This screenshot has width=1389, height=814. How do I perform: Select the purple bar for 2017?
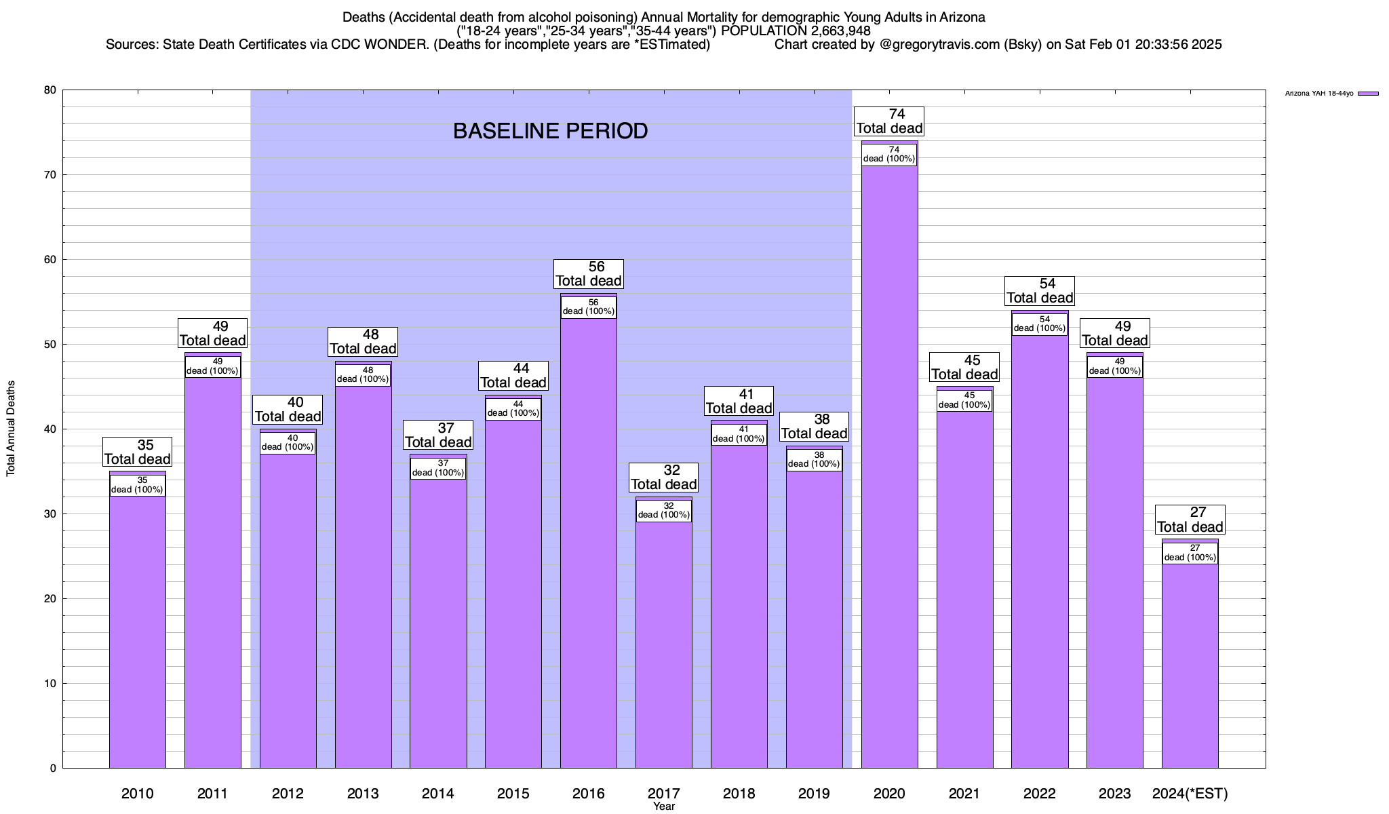(663, 644)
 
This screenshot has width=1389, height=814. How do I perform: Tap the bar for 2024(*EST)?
(1190, 665)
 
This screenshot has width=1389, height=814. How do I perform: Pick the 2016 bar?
(588, 543)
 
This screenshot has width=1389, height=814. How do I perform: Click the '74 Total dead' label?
(889, 121)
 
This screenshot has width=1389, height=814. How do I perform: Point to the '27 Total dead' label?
(1190, 520)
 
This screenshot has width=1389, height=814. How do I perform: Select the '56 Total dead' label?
(588, 274)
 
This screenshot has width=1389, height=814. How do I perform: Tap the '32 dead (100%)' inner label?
(663, 510)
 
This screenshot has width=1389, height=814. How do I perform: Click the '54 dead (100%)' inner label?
(1039, 324)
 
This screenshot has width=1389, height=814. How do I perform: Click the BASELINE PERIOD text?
(550, 131)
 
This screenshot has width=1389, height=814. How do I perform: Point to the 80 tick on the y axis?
(50, 90)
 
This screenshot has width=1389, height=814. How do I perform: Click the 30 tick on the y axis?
(50, 514)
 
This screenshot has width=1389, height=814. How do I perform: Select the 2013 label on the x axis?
(362, 794)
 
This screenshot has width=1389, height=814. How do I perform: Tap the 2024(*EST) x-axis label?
(1190, 794)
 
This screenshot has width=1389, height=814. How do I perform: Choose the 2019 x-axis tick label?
(814, 794)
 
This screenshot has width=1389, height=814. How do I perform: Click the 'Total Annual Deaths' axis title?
(11, 429)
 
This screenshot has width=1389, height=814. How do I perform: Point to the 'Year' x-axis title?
(663, 807)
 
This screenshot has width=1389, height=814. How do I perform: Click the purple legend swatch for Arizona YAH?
(1368, 94)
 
